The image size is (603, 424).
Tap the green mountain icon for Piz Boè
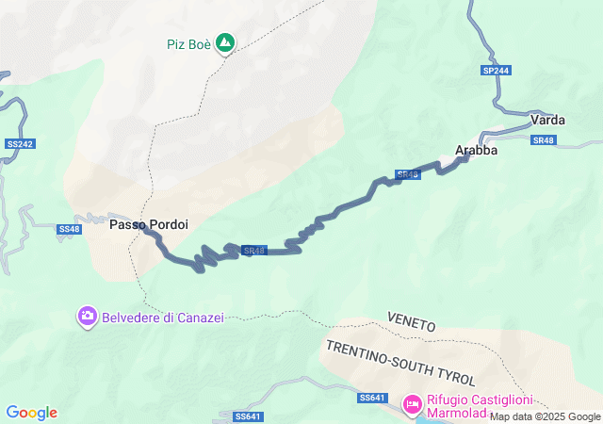click(225, 42)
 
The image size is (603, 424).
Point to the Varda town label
click(547, 120)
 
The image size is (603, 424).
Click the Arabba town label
click(476, 150)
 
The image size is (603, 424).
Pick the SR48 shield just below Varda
click(543, 140)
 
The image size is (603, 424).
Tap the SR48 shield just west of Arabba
click(407, 175)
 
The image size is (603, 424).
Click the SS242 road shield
click(19, 143)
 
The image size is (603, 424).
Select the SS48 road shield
click(69, 229)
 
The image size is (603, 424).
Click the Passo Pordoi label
click(149, 225)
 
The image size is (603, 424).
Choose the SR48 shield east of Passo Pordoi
click(253, 251)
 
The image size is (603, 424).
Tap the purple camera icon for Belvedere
click(87, 318)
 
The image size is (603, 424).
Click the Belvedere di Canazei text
click(164, 318)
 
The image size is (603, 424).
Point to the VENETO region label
click(411, 324)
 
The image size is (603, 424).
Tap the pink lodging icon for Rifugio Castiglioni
click(412, 404)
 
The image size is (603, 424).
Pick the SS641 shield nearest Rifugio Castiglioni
click(372, 399)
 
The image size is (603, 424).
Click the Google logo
click(32, 413)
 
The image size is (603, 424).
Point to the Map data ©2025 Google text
click(545, 416)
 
